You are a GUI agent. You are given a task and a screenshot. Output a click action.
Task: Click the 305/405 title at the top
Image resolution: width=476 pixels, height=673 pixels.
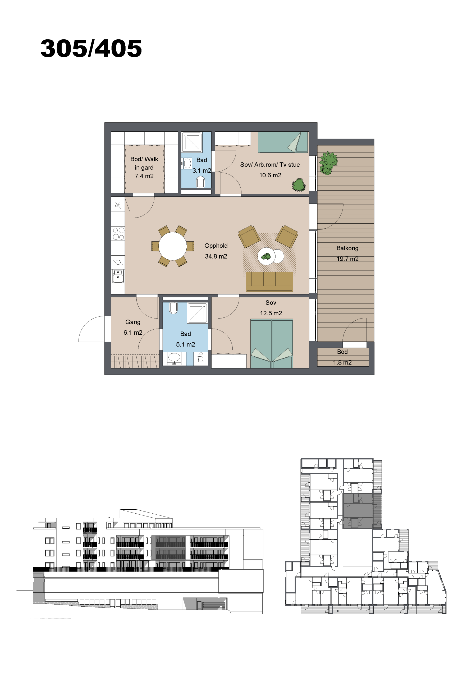91,48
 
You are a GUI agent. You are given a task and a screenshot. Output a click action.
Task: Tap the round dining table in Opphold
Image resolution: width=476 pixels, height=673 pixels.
173,246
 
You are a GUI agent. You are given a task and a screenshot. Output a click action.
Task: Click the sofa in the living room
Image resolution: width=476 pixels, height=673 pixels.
269,282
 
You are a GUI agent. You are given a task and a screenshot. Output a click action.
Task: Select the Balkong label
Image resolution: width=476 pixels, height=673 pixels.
347,248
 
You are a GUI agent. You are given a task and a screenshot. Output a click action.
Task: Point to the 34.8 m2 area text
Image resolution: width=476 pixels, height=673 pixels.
216,256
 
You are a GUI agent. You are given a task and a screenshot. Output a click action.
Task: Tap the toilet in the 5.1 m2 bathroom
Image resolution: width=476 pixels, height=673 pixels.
173,308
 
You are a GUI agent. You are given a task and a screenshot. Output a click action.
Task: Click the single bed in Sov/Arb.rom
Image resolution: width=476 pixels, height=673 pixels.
283,142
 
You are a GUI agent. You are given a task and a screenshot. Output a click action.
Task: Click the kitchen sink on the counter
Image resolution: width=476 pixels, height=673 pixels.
118,276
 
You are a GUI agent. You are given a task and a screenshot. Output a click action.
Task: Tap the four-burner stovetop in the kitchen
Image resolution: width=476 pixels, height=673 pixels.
118,234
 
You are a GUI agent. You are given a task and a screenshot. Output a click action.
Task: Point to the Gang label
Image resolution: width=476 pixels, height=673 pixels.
133,322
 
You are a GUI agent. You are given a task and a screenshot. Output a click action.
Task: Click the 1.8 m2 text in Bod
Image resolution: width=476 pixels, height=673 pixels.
342,363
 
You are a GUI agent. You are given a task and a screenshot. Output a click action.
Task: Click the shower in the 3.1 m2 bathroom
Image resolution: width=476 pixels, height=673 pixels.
192,142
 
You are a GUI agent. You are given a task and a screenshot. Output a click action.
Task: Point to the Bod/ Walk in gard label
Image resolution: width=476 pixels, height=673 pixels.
144,168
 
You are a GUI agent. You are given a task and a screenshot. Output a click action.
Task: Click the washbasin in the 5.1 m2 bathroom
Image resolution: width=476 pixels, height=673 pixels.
174,358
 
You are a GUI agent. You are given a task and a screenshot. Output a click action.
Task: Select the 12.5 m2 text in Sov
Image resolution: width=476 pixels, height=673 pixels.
271,313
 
